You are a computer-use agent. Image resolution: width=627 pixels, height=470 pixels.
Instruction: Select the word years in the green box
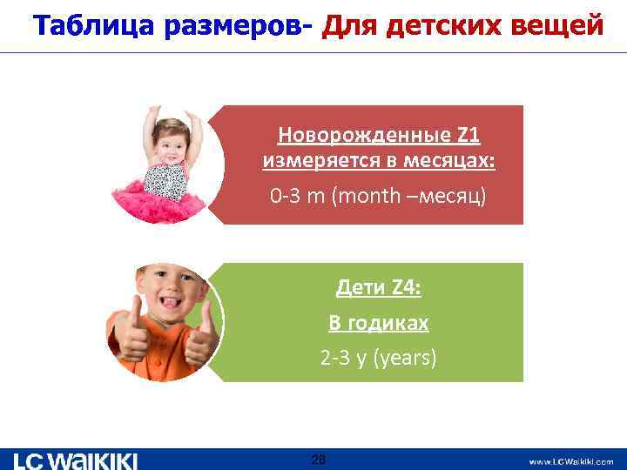click(405, 357)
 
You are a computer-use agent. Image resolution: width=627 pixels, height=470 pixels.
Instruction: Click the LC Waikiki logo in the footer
click(76, 460)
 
